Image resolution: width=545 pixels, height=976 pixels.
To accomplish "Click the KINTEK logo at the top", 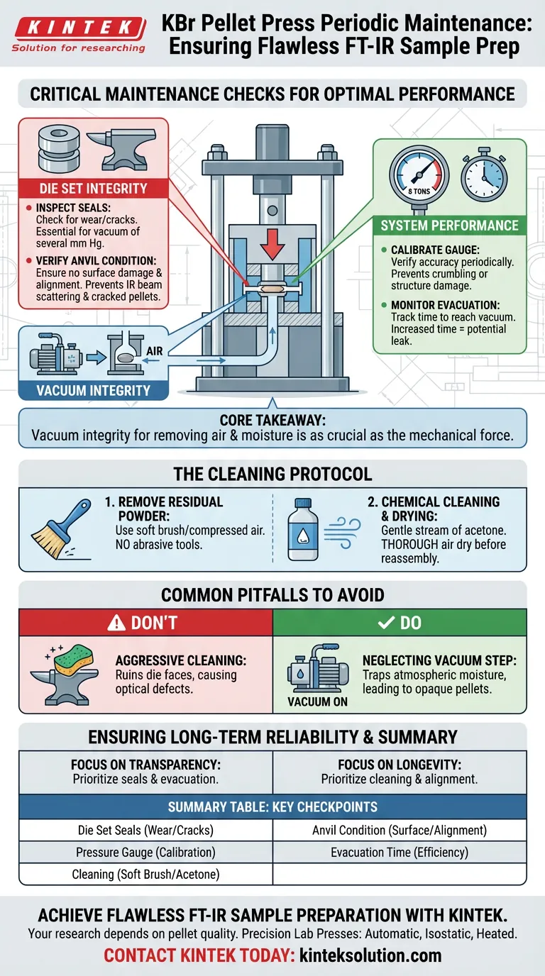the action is pyautogui.click(x=79, y=34).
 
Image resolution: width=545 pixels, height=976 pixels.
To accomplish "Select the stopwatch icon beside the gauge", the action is pyautogui.click(x=484, y=174).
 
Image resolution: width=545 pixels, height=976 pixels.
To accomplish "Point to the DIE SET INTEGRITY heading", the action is pyautogui.click(x=93, y=188).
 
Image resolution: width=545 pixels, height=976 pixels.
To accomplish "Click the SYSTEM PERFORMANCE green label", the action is pyautogui.click(x=449, y=226).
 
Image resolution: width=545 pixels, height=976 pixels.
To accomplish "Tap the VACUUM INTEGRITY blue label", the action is pyautogui.click(x=93, y=390).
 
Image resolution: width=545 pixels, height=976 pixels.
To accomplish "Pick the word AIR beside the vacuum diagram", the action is pyautogui.click(x=154, y=350).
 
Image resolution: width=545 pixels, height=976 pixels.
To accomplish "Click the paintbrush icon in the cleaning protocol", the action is pyautogui.click(x=61, y=528).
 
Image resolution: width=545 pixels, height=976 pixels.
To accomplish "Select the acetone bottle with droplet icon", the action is pyautogui.click(x=303, y=529).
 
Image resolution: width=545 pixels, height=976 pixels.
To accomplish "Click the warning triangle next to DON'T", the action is pyautogui.click(x=116, y=623).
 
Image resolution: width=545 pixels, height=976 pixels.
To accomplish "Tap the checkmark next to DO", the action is pyautogui.click(x=386, y=623).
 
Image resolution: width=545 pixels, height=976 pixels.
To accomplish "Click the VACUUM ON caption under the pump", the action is pyautogui.click(x=317, y=701).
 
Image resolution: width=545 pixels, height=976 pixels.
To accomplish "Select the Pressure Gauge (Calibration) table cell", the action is pyautogui.click(x=145, y=852).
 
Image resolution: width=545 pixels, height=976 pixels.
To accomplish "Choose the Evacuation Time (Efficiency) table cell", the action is pyautogui.click(x=400, y=852).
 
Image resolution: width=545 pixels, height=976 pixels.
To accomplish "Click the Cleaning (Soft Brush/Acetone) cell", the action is pyautogui.click(x=145, y=874).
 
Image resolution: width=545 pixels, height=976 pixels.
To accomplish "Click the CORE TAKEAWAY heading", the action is pyautogui.click(x=272, y=420).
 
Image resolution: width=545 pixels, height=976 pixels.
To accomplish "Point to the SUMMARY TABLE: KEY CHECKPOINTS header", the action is pyautogui.click(x=272, y=807).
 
